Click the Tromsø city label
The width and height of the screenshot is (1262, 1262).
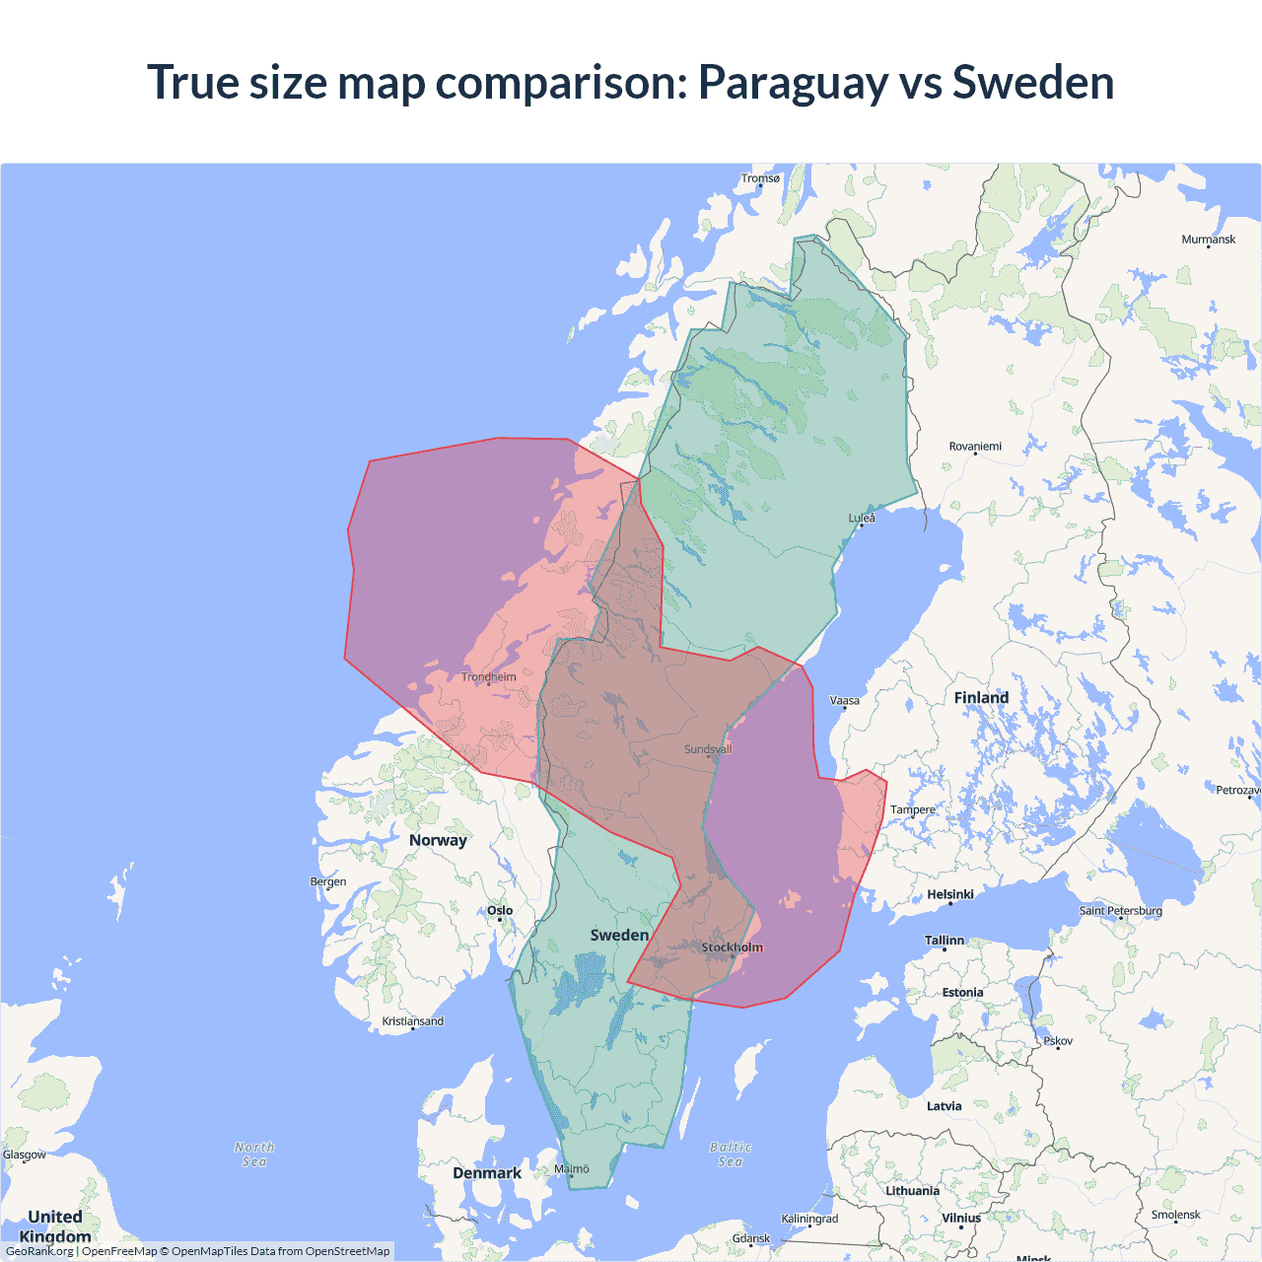[x=760, y=178]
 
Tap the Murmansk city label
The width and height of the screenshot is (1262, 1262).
[x=1208, y=240]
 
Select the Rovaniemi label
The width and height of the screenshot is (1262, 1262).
[x=974, y=447]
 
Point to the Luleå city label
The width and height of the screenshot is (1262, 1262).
[x=862, y=518]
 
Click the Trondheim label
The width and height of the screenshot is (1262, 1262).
[x=489, y=677]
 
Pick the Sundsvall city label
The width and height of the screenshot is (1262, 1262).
[x=708, y=749]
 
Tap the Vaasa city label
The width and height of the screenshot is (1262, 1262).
[x=845, y=701]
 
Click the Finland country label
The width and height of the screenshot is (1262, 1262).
[x=981, y=698]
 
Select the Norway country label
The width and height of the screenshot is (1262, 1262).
[x=438, y=840]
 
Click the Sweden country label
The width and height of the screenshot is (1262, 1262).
[x=619, y=935]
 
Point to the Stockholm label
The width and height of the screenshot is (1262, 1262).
[x=732, y=947]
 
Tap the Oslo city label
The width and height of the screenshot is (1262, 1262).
[x=500, y=911]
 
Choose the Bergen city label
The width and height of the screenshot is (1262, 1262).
[x=328, y=881]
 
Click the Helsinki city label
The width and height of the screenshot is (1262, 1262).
[x=949, y=894]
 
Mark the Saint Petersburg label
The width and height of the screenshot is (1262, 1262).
[x=1120, y=910]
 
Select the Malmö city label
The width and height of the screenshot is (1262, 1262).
[x=571, y=1169]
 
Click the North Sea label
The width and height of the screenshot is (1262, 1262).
[x=254, y=1155]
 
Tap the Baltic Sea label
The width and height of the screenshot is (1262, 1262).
[x=731, y=1155]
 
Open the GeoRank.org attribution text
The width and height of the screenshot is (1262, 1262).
[x=39, y=1251]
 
